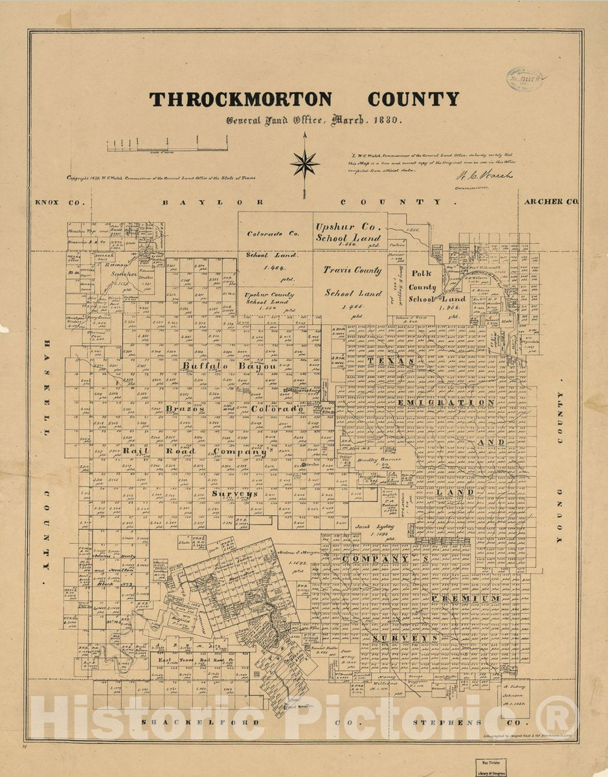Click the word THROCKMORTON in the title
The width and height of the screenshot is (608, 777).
click(x=240, y=100)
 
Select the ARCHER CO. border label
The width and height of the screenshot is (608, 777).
click(x=552, y=201)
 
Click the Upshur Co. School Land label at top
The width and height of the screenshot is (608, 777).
click(x=348, y=232)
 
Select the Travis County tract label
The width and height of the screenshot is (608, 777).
click(x=353, y=271)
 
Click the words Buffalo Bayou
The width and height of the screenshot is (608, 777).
click(x=229, y=366)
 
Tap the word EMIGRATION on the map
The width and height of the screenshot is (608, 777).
click(x=446, y=403)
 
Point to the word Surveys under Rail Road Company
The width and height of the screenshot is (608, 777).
click(x=234, y=493)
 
